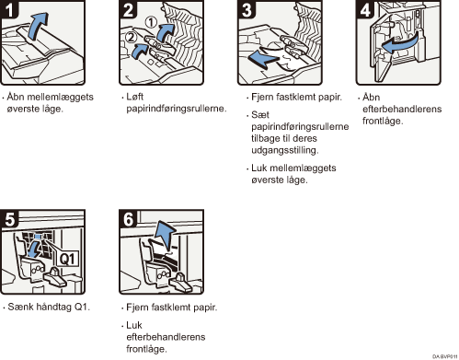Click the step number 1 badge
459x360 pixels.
pos(9,9)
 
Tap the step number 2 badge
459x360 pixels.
pos(129,9)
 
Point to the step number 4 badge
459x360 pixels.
pos(364,9)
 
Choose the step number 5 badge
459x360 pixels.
pos(9,220)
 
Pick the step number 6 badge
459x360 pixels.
pos(129,220)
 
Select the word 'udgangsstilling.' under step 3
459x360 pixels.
pos(282,149)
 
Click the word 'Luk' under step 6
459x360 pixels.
pos(134,325)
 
